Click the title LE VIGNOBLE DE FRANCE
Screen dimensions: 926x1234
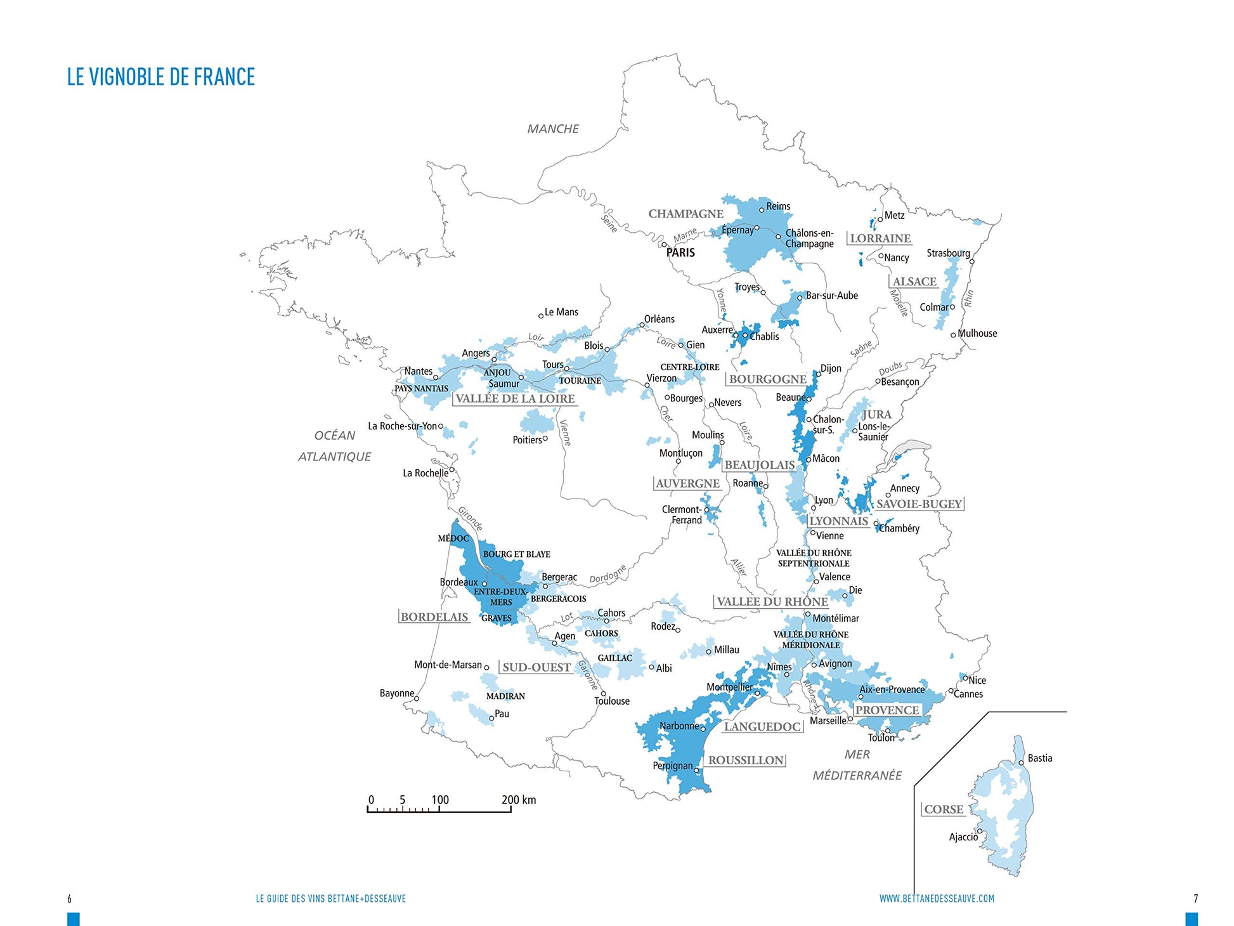click(x=161, y=77)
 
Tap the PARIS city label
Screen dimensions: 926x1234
click(x=680, y=252)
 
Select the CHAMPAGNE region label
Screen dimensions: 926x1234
click(x=685, y=214)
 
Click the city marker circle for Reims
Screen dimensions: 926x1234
click(x=762, y=210)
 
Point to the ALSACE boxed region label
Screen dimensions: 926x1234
click(x=914, y=282)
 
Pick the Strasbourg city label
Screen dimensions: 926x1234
click(x=948, y=253)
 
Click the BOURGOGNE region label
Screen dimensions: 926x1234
click(x=767, y=379)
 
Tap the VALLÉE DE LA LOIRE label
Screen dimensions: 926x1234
click(x=515, y=399)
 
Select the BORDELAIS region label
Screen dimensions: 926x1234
click(x=434, y=617)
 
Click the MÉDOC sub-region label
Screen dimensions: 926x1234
click(x=453, y=538)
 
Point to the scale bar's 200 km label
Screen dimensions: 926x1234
click(x=519, y=800)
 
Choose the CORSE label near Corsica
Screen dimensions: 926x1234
click(x=944, y=809)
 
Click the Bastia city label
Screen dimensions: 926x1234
click(x=1040, y=758)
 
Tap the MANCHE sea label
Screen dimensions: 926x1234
click(x=553, y=129)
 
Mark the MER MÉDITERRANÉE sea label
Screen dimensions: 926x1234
click(x=857, y=765)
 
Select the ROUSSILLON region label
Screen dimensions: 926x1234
click(x=746, y=760)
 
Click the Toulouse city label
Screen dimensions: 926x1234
click(x=612, y=701)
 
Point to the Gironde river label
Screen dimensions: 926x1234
click(x=471, y=518)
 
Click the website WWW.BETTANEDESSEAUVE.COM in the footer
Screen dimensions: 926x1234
click(x=937, y=899)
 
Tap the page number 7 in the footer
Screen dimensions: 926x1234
click(x=1196, y=899)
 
